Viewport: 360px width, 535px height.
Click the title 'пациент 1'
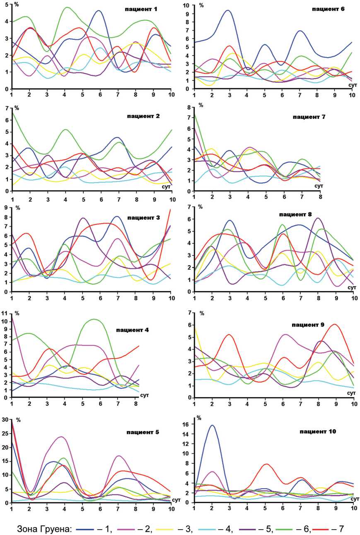141,9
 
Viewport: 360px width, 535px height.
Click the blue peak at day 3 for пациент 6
228,10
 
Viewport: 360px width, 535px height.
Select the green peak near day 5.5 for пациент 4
95,319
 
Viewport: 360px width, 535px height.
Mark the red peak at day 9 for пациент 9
335,324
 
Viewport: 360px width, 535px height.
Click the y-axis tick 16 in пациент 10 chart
187,424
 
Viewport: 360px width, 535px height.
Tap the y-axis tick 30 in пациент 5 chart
6,419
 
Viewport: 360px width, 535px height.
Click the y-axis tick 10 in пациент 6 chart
186,5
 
